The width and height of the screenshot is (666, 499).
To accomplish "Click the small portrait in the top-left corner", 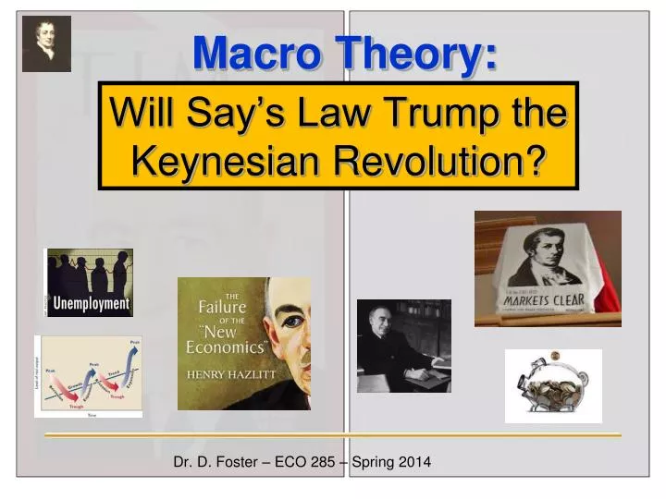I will [46, 44].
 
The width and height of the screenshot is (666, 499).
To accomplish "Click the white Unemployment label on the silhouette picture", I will [90, 302].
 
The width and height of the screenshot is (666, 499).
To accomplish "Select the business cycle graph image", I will [88, 376].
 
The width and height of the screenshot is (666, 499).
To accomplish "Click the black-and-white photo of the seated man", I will [403, 346].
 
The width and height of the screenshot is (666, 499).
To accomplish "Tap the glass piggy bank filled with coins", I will [552, 385].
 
